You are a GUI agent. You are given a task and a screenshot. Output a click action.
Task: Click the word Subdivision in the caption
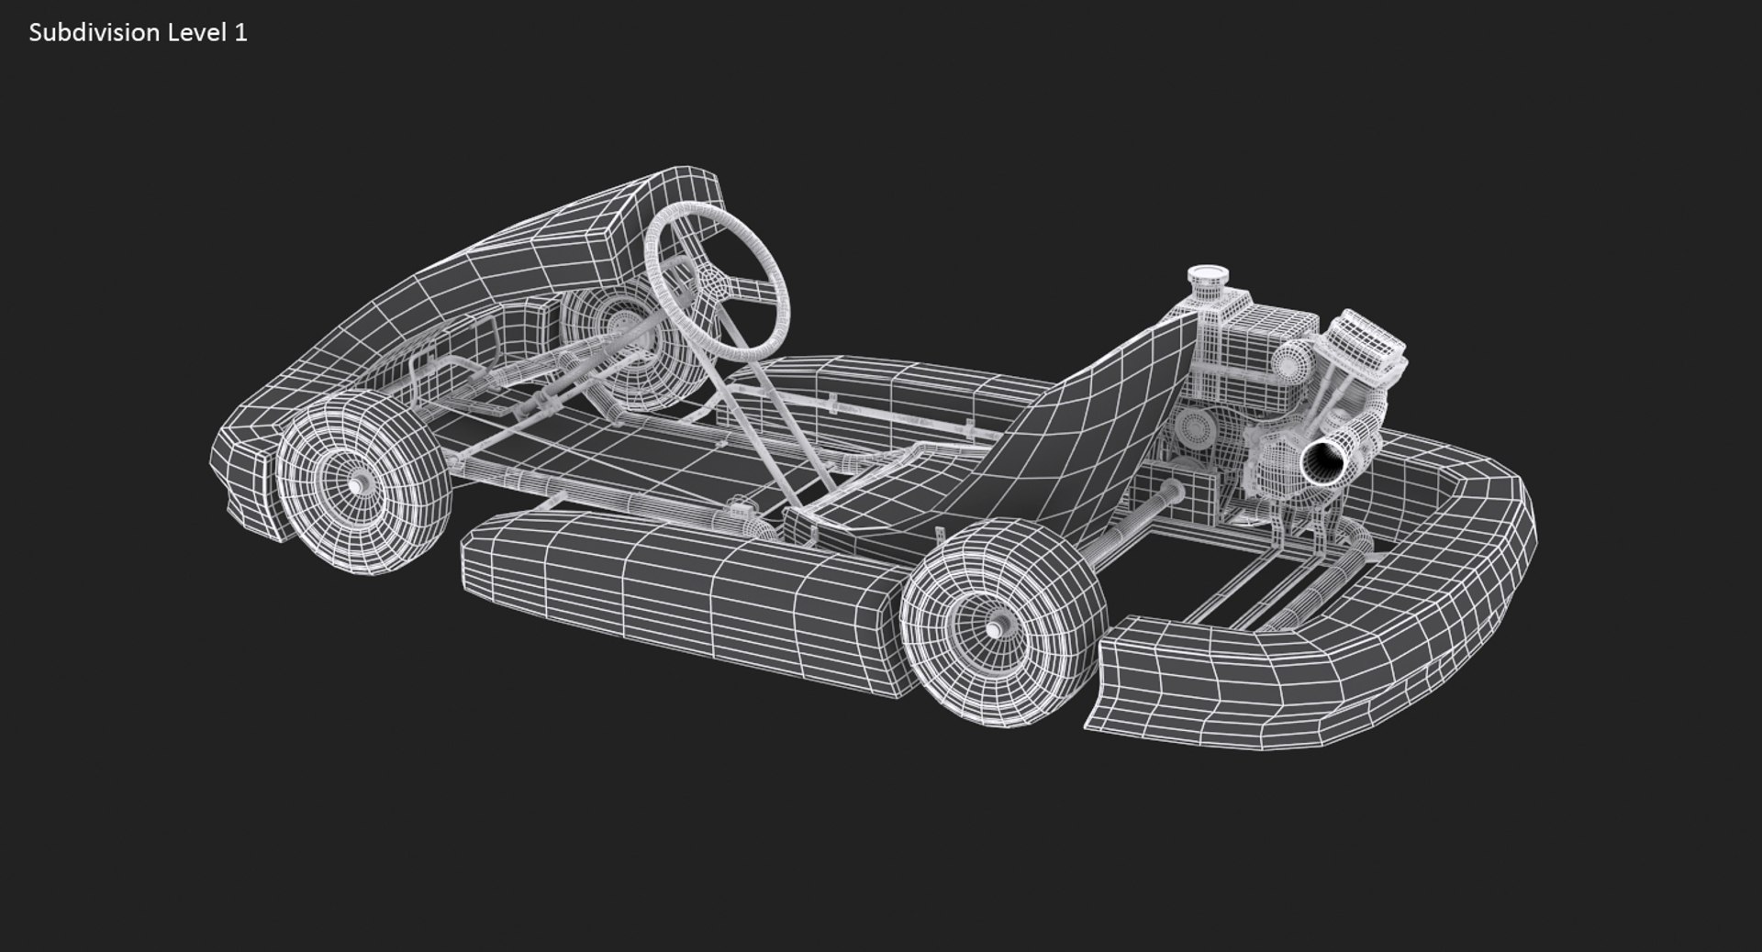point(95,33)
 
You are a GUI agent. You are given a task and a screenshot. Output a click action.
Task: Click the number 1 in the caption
point(240,33)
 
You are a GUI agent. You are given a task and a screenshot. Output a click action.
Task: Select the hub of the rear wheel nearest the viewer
point(997,630)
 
